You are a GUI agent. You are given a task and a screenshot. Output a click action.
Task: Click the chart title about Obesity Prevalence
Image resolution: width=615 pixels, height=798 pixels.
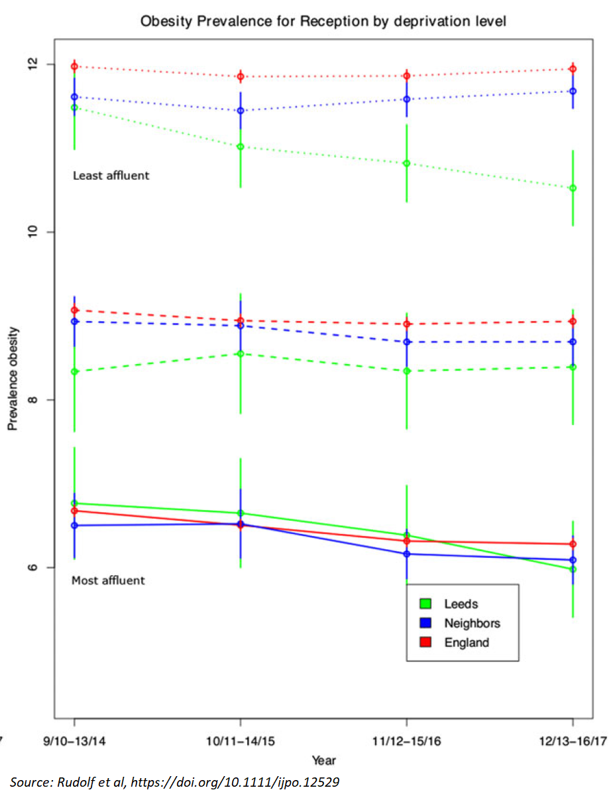click(x=323, y=21)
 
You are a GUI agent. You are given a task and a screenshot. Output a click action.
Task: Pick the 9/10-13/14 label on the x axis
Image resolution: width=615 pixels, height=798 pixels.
click(x=74, y=740)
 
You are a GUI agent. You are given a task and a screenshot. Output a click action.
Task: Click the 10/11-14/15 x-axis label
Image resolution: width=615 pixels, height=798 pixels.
click(x=240, y=740)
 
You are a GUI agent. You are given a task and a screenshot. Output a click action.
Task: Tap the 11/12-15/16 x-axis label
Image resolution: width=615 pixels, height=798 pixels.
click(x=406, y=740)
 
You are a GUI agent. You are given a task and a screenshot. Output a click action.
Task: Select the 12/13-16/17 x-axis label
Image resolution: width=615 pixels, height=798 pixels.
click(x=572, y=740)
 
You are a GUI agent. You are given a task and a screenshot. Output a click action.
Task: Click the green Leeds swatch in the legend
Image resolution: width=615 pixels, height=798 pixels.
click(x=425, y=604)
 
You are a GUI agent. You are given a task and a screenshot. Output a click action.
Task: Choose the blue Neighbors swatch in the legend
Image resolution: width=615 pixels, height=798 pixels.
click(x=425, y=623)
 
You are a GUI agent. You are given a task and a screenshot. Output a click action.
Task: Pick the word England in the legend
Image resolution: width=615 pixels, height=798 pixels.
click(x=467, y=642)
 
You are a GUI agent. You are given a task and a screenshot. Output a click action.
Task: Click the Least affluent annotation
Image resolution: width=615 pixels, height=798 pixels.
click(x=111, y=176)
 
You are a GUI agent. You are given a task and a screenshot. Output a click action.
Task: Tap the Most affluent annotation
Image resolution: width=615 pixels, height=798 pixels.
click(x=108, y=580)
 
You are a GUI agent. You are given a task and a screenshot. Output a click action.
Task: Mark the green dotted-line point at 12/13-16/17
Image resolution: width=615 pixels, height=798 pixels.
click(x=573, y=188)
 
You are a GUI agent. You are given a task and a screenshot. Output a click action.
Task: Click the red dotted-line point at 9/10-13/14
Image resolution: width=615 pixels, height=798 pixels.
click(x=74, y=66)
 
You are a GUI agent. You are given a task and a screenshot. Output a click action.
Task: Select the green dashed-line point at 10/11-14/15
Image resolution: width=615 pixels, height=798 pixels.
click(x=240, y=354)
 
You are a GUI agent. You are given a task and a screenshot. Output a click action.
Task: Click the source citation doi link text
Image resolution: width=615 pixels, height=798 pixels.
click(x=235, y=783)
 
